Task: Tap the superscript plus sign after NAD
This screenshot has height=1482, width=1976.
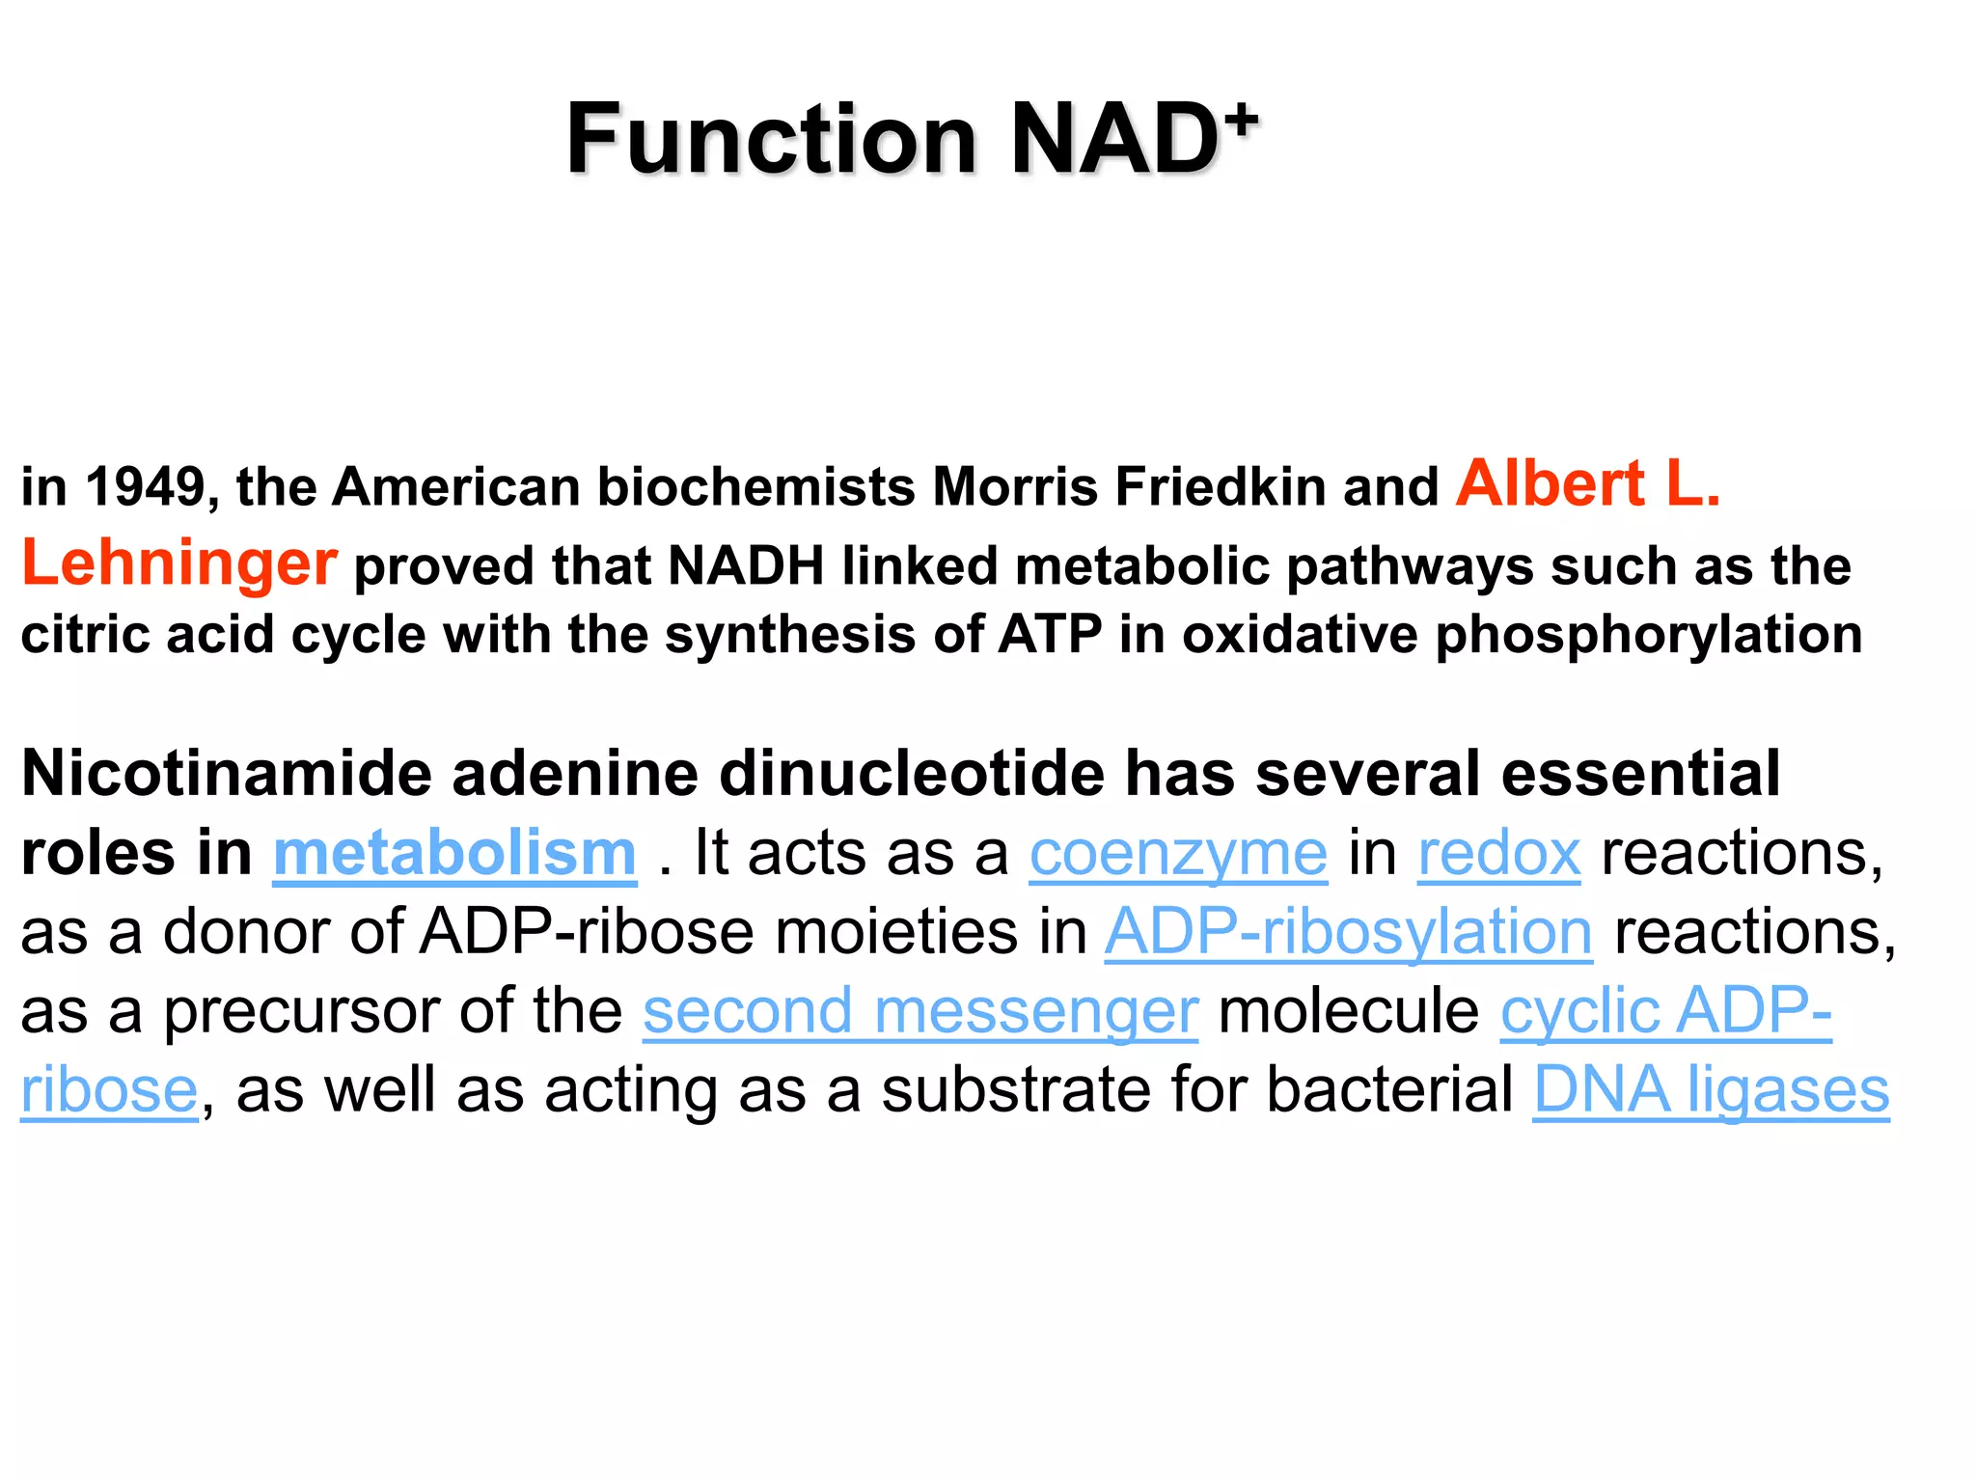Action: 1245,120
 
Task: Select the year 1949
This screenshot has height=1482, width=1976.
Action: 145,486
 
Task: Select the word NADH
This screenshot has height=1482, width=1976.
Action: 746,565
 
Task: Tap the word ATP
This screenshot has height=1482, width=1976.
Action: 1050,635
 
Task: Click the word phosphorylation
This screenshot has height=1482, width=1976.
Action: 1649,636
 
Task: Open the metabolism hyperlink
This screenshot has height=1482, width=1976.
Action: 454,854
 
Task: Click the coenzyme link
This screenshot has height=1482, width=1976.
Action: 1178,854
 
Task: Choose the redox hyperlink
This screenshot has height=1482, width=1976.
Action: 1498,854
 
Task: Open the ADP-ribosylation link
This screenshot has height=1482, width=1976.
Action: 1348,933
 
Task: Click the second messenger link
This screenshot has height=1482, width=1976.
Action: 920,1012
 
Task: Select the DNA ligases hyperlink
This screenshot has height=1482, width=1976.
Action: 1711,1090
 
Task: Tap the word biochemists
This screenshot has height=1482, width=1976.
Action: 756,486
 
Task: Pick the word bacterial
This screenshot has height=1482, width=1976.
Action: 1389,1090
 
